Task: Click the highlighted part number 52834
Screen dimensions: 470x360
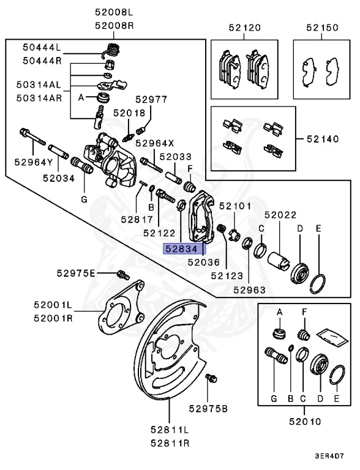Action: coord(182,248)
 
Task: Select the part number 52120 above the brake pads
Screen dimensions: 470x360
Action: coord(244,28)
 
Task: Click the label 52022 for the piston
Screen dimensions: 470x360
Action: coord(280,215)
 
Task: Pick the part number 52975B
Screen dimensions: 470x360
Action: coord(208,408)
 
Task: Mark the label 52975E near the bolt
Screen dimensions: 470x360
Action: coord(77,273)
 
